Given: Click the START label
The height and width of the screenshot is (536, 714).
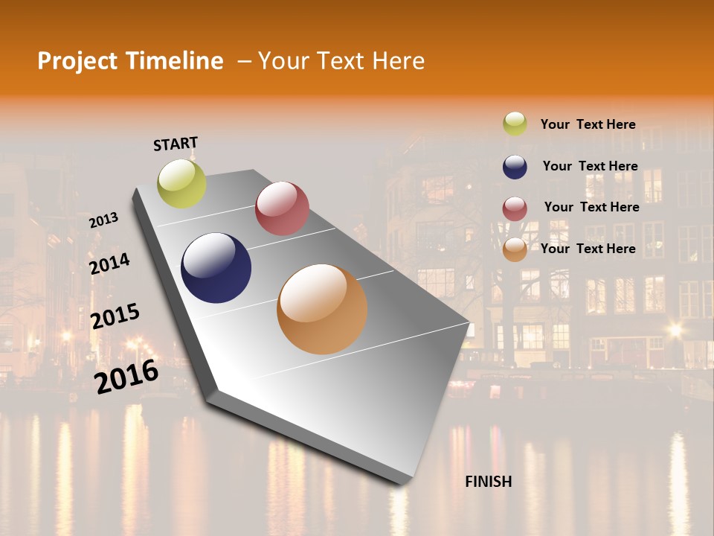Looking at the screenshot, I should (x=176, y=144).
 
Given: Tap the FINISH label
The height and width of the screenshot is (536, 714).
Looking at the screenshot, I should (x=489, y=482).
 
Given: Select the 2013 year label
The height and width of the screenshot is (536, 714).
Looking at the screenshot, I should (x=103, y=220).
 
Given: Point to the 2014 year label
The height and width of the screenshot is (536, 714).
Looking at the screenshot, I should (x=109, y=264).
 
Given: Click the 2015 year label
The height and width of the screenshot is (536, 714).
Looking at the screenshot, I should (x=115, y=316).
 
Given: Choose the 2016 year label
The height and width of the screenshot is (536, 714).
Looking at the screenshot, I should (x=126, y=376).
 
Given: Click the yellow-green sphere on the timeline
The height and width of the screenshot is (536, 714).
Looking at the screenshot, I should (x=181, y=184).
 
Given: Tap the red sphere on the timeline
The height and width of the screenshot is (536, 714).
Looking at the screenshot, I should (x=282, y=208).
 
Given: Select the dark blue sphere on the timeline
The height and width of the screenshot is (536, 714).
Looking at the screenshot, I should (x=216, y=268).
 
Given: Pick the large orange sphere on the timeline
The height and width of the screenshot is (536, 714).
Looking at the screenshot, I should (x=322, y=309).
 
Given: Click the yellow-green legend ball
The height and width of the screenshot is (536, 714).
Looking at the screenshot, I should (x=515, y=124).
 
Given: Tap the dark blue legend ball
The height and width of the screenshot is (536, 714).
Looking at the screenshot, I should (x=515, y=167).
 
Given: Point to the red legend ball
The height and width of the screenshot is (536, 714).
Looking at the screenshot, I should (x=515, y=208).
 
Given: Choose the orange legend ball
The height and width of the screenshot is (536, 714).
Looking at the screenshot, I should (x=515, y=249).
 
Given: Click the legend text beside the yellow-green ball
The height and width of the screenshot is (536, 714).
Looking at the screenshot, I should (x=588, y=124).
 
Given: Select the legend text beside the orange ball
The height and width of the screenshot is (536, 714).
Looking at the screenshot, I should (x=588, y=249).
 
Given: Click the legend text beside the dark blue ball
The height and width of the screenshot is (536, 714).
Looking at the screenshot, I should (x=590, y=166).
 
